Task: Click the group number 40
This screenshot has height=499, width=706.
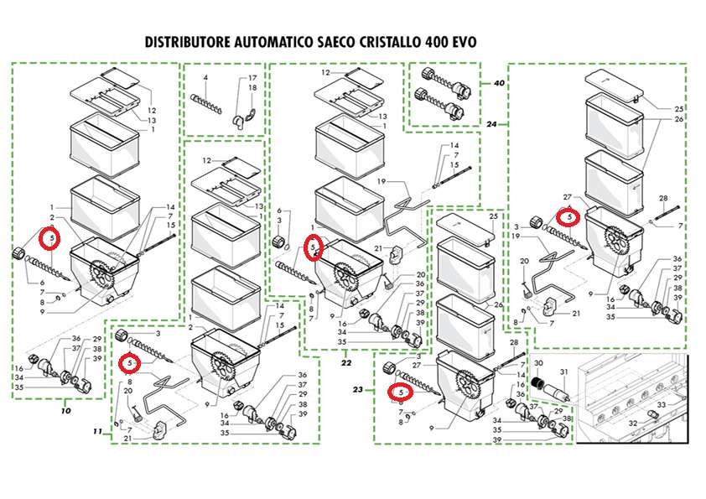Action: pos(499,83)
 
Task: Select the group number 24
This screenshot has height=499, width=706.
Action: pos(492,124)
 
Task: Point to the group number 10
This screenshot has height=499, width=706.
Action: pos(65,411)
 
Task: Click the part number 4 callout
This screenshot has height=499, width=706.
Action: pos(205,78)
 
